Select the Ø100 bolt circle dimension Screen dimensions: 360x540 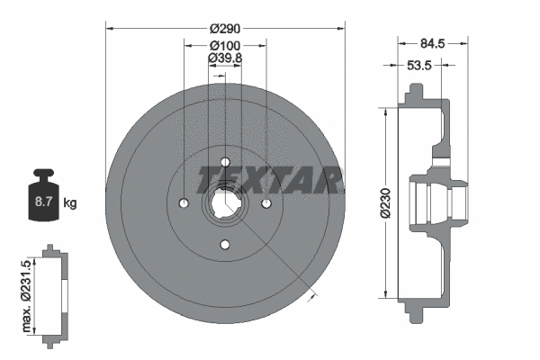pyautogui.click(x=224, y=44)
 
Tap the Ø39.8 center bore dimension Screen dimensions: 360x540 pyautogui.click(x=224, y=58)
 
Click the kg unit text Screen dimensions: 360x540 pyautogui.click(x=70, y=203)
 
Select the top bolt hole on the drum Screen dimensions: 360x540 pyautogui.click(x=225, y=162)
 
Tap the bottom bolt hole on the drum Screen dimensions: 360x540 pyautogui.click(x=225, y=246)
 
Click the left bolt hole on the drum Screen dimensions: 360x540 pyautogui.click(x=184, y=204)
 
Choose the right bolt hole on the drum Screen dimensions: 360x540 pyautogui.click(x=266, y=204)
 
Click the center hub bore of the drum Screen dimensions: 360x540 pyautogui.click(x=225, y=204)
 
